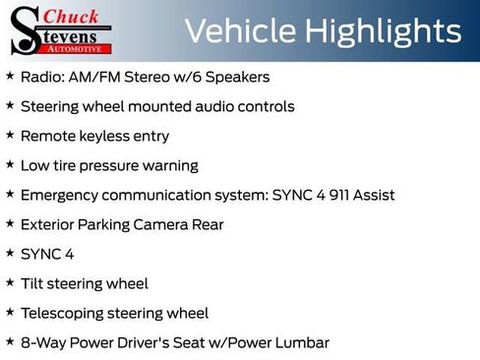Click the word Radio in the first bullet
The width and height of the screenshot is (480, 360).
[x=41, y=77]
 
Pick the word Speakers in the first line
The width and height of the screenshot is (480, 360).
[x=236, y=77]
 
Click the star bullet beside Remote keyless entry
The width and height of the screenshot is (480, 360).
[x=10, y=135]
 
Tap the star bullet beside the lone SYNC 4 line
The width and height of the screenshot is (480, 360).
[x=10, y=253]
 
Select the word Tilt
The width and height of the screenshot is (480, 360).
[x=32, y=283]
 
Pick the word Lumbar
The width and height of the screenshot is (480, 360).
[x=299, y=342]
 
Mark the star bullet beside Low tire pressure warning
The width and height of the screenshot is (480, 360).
[x=10, y=164]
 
